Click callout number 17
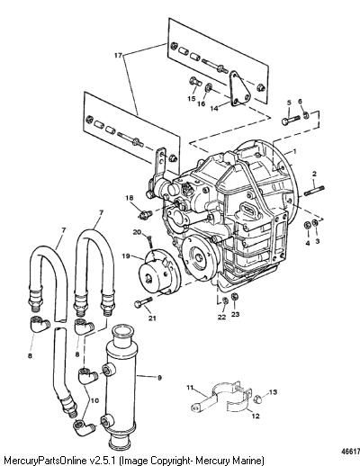[119, 55]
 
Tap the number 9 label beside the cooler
[159, 378]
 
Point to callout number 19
[126, 255]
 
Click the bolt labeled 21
[144, 302]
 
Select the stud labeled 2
[314, 191]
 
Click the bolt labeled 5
[291, 120]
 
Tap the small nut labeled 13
[258, 399]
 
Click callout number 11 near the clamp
[190, 388]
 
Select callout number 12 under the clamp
[256, 416]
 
